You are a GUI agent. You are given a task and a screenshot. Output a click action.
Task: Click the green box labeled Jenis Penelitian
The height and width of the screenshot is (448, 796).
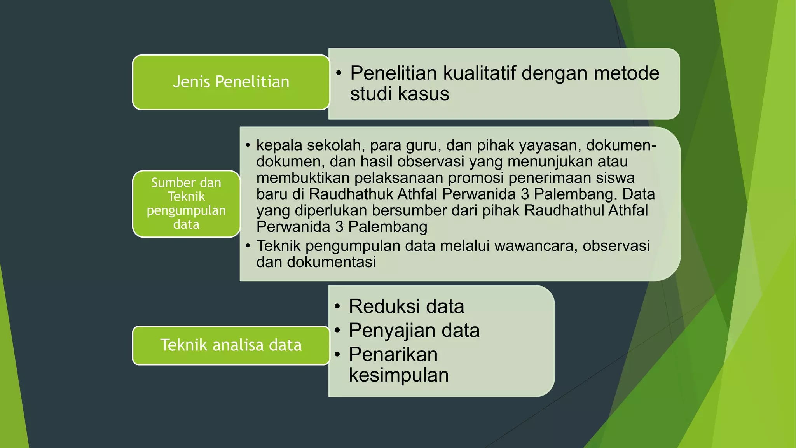pyautogui.click(x=231, y=82)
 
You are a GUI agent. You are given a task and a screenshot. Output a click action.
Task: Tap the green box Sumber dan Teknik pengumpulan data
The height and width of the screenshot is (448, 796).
pyautogui.click(x=186, y=203)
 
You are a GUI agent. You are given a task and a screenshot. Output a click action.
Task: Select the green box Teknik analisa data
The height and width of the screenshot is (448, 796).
pyautogui.click(x=231, y=345)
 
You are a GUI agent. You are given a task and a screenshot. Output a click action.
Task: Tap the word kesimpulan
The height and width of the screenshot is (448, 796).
pyautogui.click(x=398, y=375)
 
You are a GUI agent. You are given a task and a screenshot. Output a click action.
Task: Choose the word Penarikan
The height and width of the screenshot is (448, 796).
pyautogui.click(x=393, y=354)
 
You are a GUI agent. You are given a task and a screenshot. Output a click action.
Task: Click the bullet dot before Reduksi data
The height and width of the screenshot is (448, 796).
pyautogui.click(x=338, y=306)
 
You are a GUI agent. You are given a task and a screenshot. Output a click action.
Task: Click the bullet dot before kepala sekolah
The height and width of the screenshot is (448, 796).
pyautogui.click(x=248, y=145)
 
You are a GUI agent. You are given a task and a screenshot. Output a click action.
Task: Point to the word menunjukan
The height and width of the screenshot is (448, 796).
pyautogui.click(x=550, y=161)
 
